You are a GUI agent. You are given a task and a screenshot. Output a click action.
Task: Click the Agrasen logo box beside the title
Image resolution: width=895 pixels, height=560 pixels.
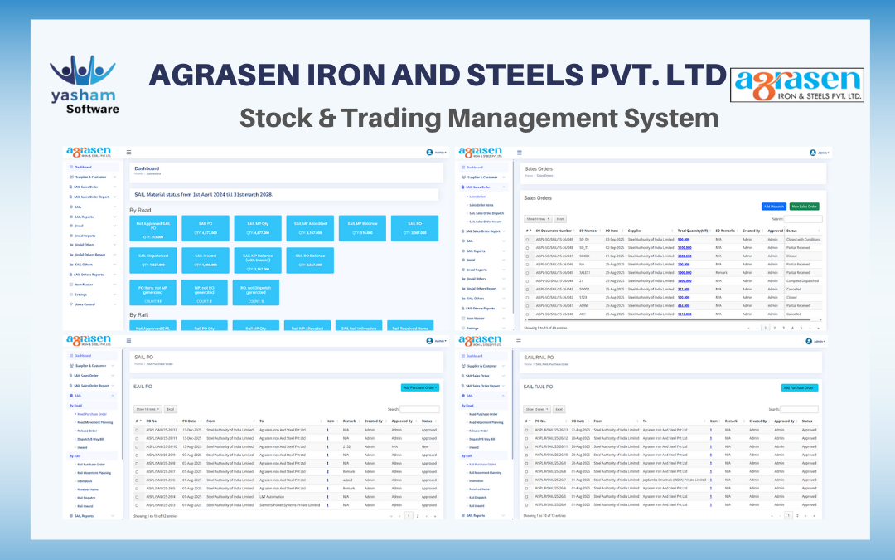coord(796,85)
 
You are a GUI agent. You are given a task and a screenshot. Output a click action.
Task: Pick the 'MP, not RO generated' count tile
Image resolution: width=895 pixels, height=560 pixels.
coord(205,293)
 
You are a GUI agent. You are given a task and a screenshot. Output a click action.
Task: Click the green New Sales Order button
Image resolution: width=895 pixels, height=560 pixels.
coord(804,206)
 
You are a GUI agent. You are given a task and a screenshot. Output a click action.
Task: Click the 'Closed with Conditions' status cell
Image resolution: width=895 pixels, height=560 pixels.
coord(803,239)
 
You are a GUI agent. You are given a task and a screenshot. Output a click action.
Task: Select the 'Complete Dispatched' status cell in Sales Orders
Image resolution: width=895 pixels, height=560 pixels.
coord(803,281)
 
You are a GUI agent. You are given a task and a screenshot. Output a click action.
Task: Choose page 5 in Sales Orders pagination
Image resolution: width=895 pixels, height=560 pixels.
coord(791,328)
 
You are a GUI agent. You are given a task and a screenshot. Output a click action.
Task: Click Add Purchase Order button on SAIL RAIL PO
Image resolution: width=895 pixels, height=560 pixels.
coord(800,387)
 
